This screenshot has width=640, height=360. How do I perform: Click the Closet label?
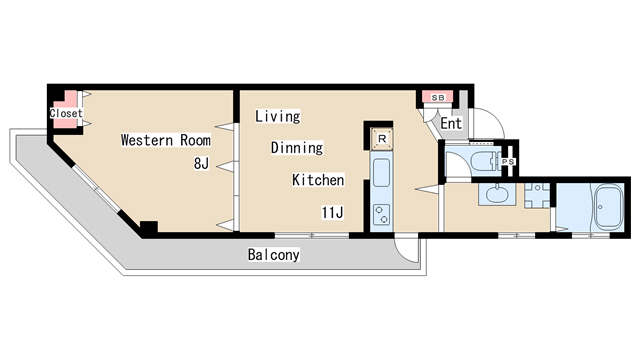pos(66,113)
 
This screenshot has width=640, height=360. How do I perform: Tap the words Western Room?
pos(166,140)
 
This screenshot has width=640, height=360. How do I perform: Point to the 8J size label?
pos(201,164)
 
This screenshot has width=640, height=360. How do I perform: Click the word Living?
pos(278,116)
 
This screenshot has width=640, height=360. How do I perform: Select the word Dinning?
pos(297,147)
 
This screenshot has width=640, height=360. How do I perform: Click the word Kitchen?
pos(318,180)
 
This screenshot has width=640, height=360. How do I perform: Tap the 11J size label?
pos(332,212)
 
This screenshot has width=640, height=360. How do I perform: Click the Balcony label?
pos(273,255)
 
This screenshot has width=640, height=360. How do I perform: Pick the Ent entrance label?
pos(451,123)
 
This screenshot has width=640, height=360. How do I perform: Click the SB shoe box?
pos(438,98)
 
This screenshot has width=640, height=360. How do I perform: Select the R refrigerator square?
pos(382,139)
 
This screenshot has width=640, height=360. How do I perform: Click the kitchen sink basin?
pos(382,173)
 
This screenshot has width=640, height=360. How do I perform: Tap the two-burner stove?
pos(382,215)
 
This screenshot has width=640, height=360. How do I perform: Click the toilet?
pos(485,161)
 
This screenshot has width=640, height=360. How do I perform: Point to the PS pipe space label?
pos(508,162)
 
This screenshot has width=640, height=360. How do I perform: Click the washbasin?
pos(496,194)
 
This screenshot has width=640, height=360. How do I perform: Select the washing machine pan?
pos(537,195)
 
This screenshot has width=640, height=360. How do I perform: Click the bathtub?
pos(609,208)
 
